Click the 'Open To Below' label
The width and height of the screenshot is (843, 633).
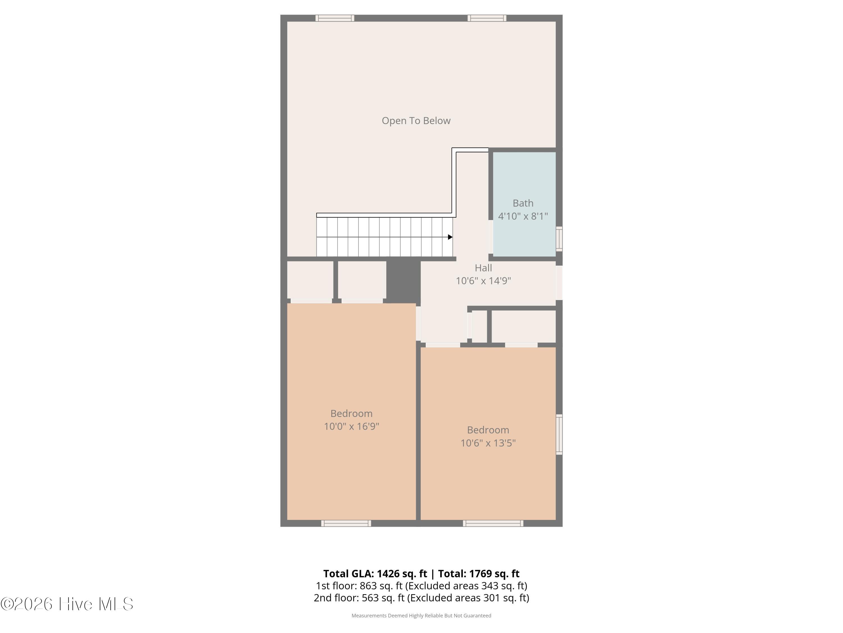pos(416,121)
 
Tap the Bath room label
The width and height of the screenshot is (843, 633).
pos(523,203)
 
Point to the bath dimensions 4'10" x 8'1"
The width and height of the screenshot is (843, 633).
pos(523,216)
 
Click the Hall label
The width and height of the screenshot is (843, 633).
pos(483,268)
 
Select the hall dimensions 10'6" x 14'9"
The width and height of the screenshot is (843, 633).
pos(483,281)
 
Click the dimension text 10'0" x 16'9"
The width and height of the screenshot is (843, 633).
pos(351,426)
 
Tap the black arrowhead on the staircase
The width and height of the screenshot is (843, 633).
pos(450,237)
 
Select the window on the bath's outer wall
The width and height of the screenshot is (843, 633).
pos(559,239)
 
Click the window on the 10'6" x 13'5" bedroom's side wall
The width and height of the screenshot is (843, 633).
pos(559,434)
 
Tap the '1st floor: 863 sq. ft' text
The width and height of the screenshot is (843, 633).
pos(359,586)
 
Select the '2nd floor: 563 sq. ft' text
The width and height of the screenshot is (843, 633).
pos(359,598)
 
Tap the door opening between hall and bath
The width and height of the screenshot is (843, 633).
pos(491,237)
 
